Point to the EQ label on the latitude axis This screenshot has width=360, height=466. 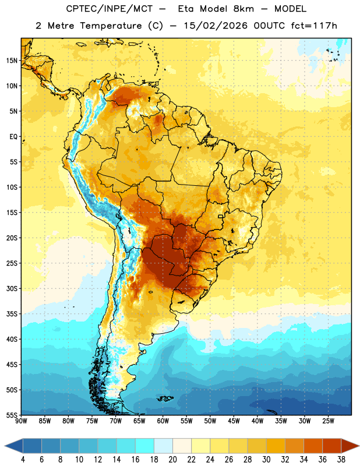tap(13, 137)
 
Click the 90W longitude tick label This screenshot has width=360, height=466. tap(21, 421)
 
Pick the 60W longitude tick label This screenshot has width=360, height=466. tap(163, 421)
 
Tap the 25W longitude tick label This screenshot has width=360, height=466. tap(328, 421)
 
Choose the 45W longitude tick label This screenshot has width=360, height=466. tap(234, 421)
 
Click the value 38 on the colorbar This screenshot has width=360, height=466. tap(341, 460)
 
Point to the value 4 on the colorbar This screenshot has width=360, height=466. tap(23, 460)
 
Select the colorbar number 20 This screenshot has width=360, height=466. tap(172, 460)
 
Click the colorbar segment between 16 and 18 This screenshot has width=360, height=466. tap(144, 446)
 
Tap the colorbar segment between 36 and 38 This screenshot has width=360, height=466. tap(332, 446)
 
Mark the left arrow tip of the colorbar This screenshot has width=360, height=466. tap(5, 446)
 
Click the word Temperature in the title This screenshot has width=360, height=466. tap(111, 26)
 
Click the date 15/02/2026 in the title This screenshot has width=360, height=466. tap(215, 26)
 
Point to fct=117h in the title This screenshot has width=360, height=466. tap(314, 26)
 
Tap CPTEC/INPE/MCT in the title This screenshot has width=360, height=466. tap(110, 9)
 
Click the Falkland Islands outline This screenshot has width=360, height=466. tap(165, 398)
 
